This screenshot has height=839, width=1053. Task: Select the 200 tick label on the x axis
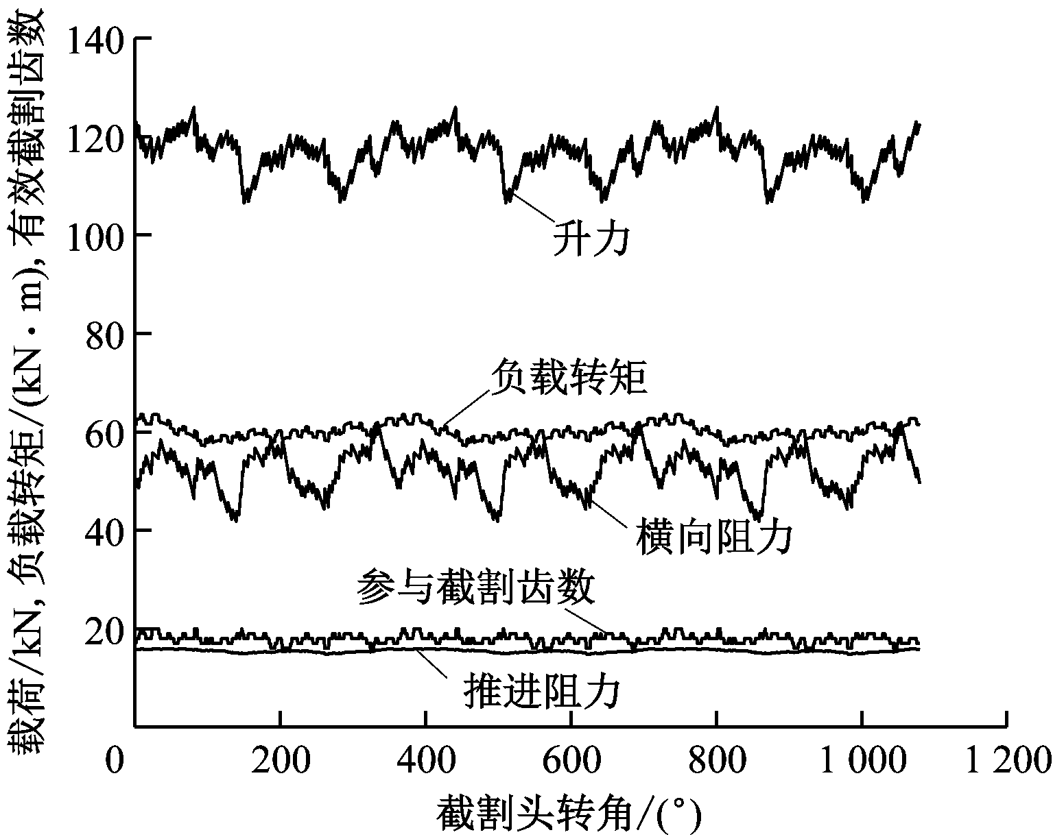280,762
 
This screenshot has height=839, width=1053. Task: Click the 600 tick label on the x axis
571,762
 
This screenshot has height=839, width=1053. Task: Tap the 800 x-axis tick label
716,762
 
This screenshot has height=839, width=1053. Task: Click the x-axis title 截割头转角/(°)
569,815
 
